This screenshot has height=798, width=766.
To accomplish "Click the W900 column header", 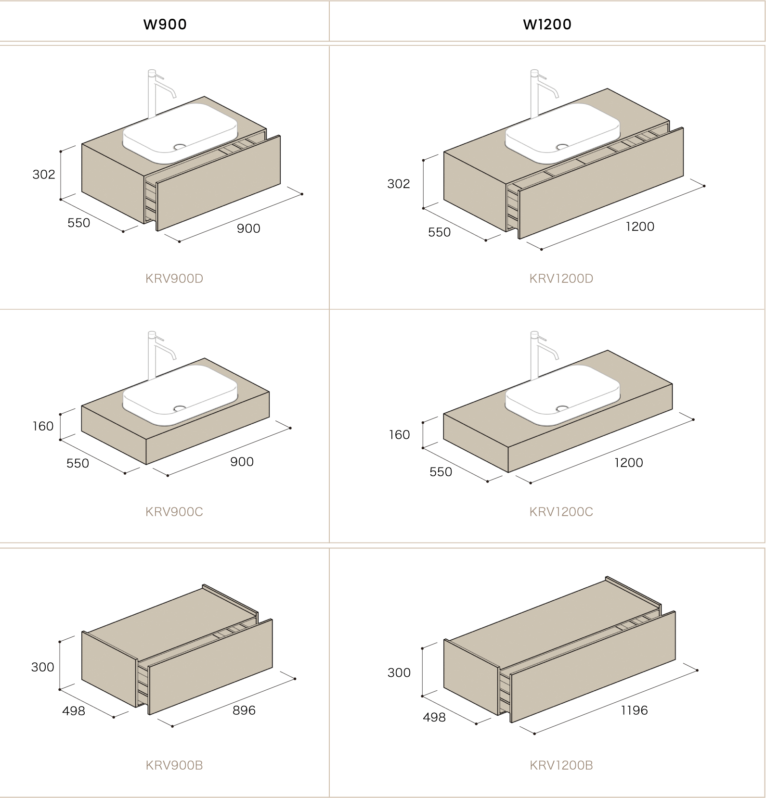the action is pos(165,24).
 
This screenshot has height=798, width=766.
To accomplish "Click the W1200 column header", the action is pos(547,24).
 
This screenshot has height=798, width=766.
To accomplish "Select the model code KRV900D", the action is pos(174,279).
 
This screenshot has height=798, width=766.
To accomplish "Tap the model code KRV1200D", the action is pos(561,279).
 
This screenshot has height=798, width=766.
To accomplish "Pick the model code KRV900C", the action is pos(174,512).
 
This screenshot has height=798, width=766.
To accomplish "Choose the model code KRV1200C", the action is pos(561,512).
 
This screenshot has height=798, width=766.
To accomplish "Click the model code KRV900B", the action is pos(174,765).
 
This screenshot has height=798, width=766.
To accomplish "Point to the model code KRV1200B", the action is pos(561,765).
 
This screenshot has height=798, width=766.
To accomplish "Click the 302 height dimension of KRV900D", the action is pos(44,175).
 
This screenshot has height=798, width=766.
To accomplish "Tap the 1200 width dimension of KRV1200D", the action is pos(640,227).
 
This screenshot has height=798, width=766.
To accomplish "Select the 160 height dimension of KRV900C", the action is pos(43,426).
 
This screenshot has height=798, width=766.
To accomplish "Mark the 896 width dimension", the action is pos(244,710).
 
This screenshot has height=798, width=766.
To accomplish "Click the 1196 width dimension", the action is pos(634,710).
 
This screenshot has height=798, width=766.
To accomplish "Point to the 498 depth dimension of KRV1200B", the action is pos(434,718).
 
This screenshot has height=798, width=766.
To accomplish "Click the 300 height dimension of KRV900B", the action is pos(43,667).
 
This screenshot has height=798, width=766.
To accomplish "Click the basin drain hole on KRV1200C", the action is pos(562,409).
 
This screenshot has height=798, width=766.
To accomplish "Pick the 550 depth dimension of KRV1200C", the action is pos(441,472).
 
